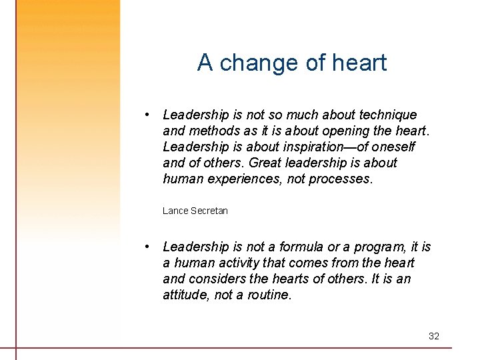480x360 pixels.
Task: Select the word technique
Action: click(386, 115)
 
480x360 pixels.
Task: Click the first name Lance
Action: click(175, 211)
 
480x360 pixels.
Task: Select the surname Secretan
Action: click(209, 211)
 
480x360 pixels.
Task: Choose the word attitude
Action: click(187, 295)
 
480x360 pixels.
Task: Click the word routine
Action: click(268, 295)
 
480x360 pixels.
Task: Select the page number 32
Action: click(434, 336)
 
